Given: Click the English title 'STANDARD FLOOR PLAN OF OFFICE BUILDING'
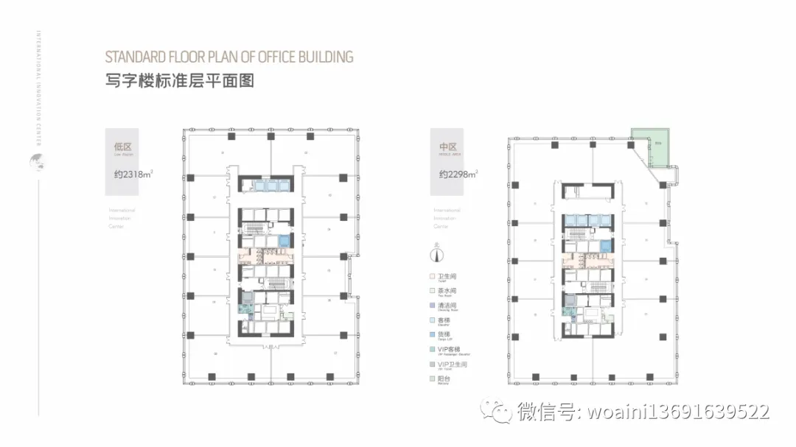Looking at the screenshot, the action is coord(229,57).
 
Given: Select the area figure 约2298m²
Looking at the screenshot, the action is coord(458,175).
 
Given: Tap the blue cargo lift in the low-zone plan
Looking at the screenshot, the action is coord(284,242).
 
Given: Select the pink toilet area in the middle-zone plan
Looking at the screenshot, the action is coord(587,261).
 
